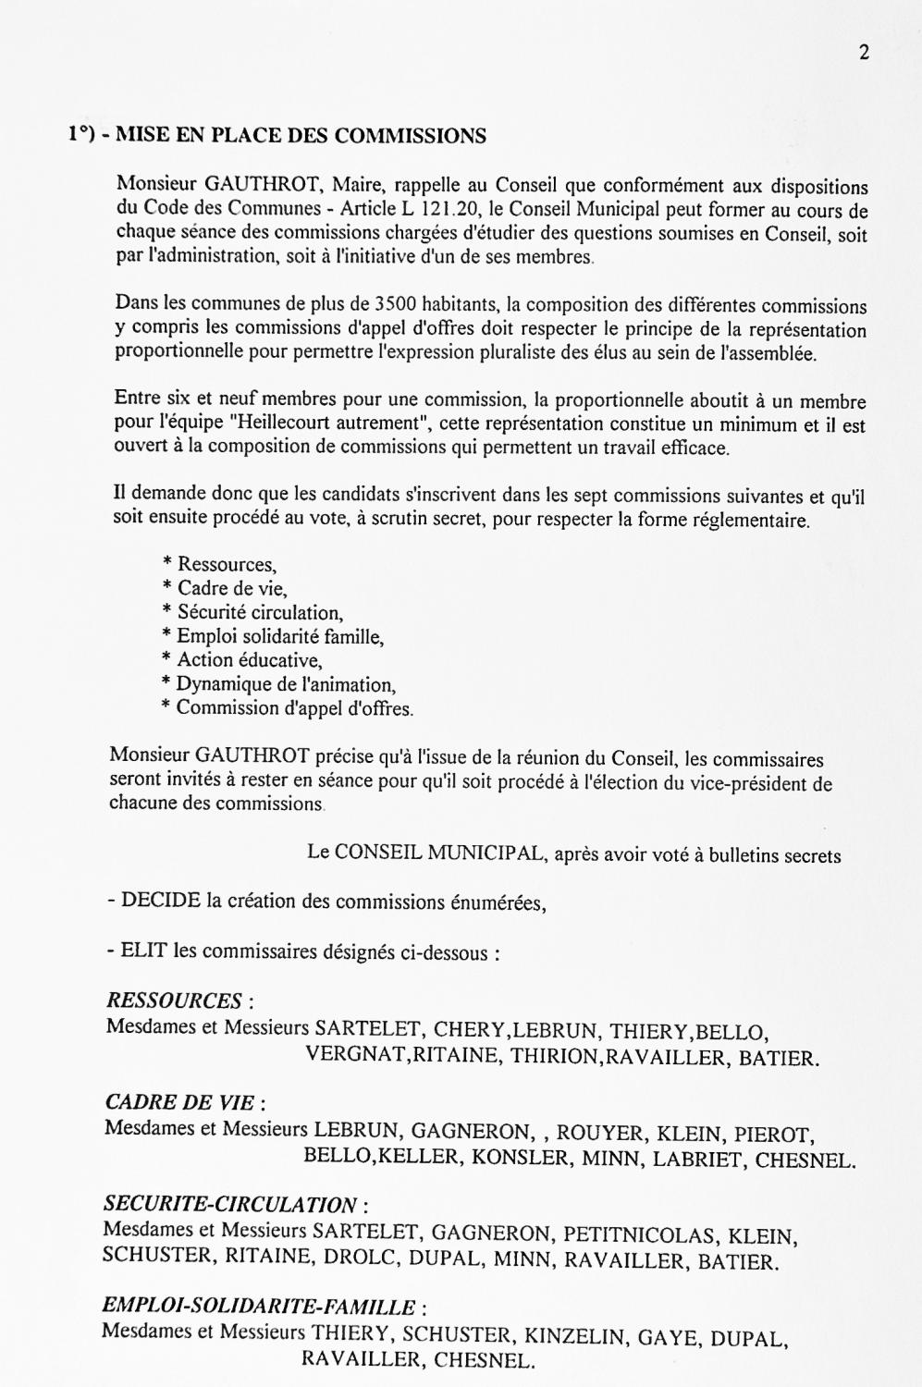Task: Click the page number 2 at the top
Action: point(864,53)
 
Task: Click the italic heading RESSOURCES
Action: point(174,1000)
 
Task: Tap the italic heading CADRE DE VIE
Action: point(179,1102)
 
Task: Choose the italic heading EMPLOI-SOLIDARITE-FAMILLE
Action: point(258,1307)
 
